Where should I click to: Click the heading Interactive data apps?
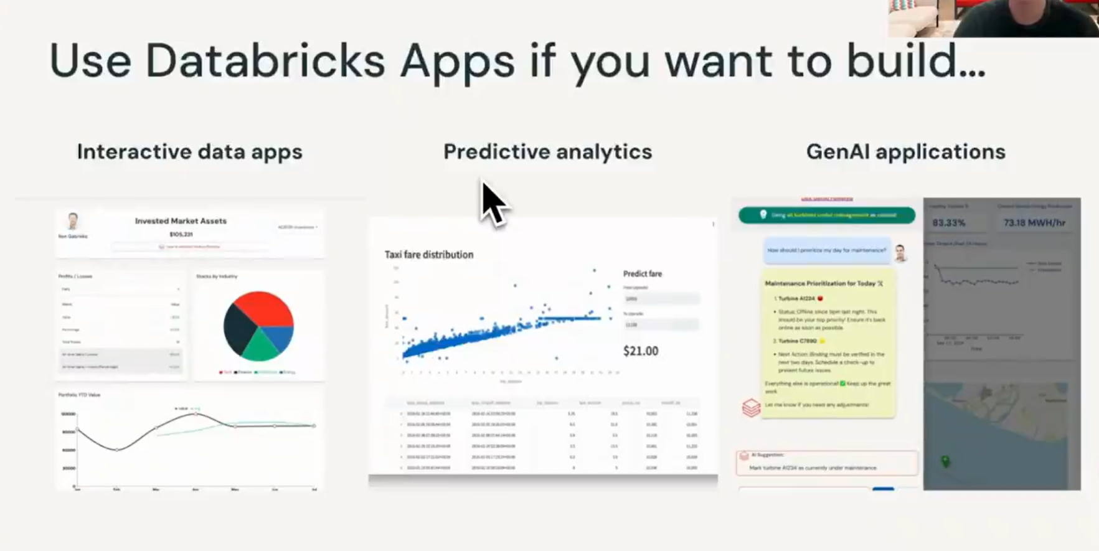(189, 152)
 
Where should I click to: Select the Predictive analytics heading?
(547, 152)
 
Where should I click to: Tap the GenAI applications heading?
(905, 152)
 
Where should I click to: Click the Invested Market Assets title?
(181, 221)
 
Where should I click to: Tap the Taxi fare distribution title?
(428, 255)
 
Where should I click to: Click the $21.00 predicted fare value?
(641, 351)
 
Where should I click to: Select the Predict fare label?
(642, 274)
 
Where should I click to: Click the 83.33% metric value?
(948, 223)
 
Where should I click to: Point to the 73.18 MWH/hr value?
(1034, 223)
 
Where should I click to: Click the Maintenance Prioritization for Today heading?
(823, 283)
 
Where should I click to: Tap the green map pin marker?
(945, 461)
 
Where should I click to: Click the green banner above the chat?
(826, 215)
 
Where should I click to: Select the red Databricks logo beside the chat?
(751, 408)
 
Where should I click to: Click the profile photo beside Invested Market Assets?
(73, 221)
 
